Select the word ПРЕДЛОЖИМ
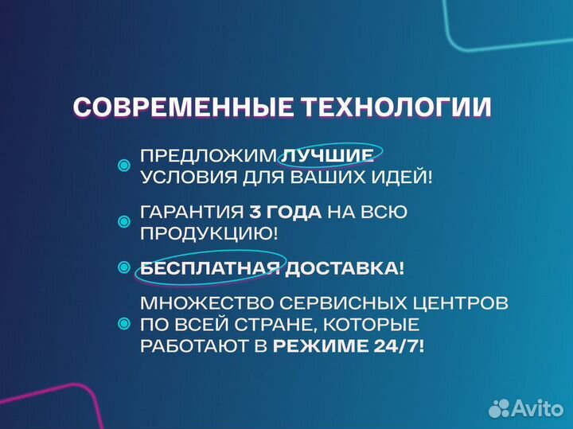209,155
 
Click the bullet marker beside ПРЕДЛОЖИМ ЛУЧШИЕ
123,166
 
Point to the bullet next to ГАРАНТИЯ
123,222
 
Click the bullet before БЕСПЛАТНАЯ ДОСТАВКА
123,268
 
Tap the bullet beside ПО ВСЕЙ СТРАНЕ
123,325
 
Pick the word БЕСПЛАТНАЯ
209,268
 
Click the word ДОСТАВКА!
345,268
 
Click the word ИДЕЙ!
402,177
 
